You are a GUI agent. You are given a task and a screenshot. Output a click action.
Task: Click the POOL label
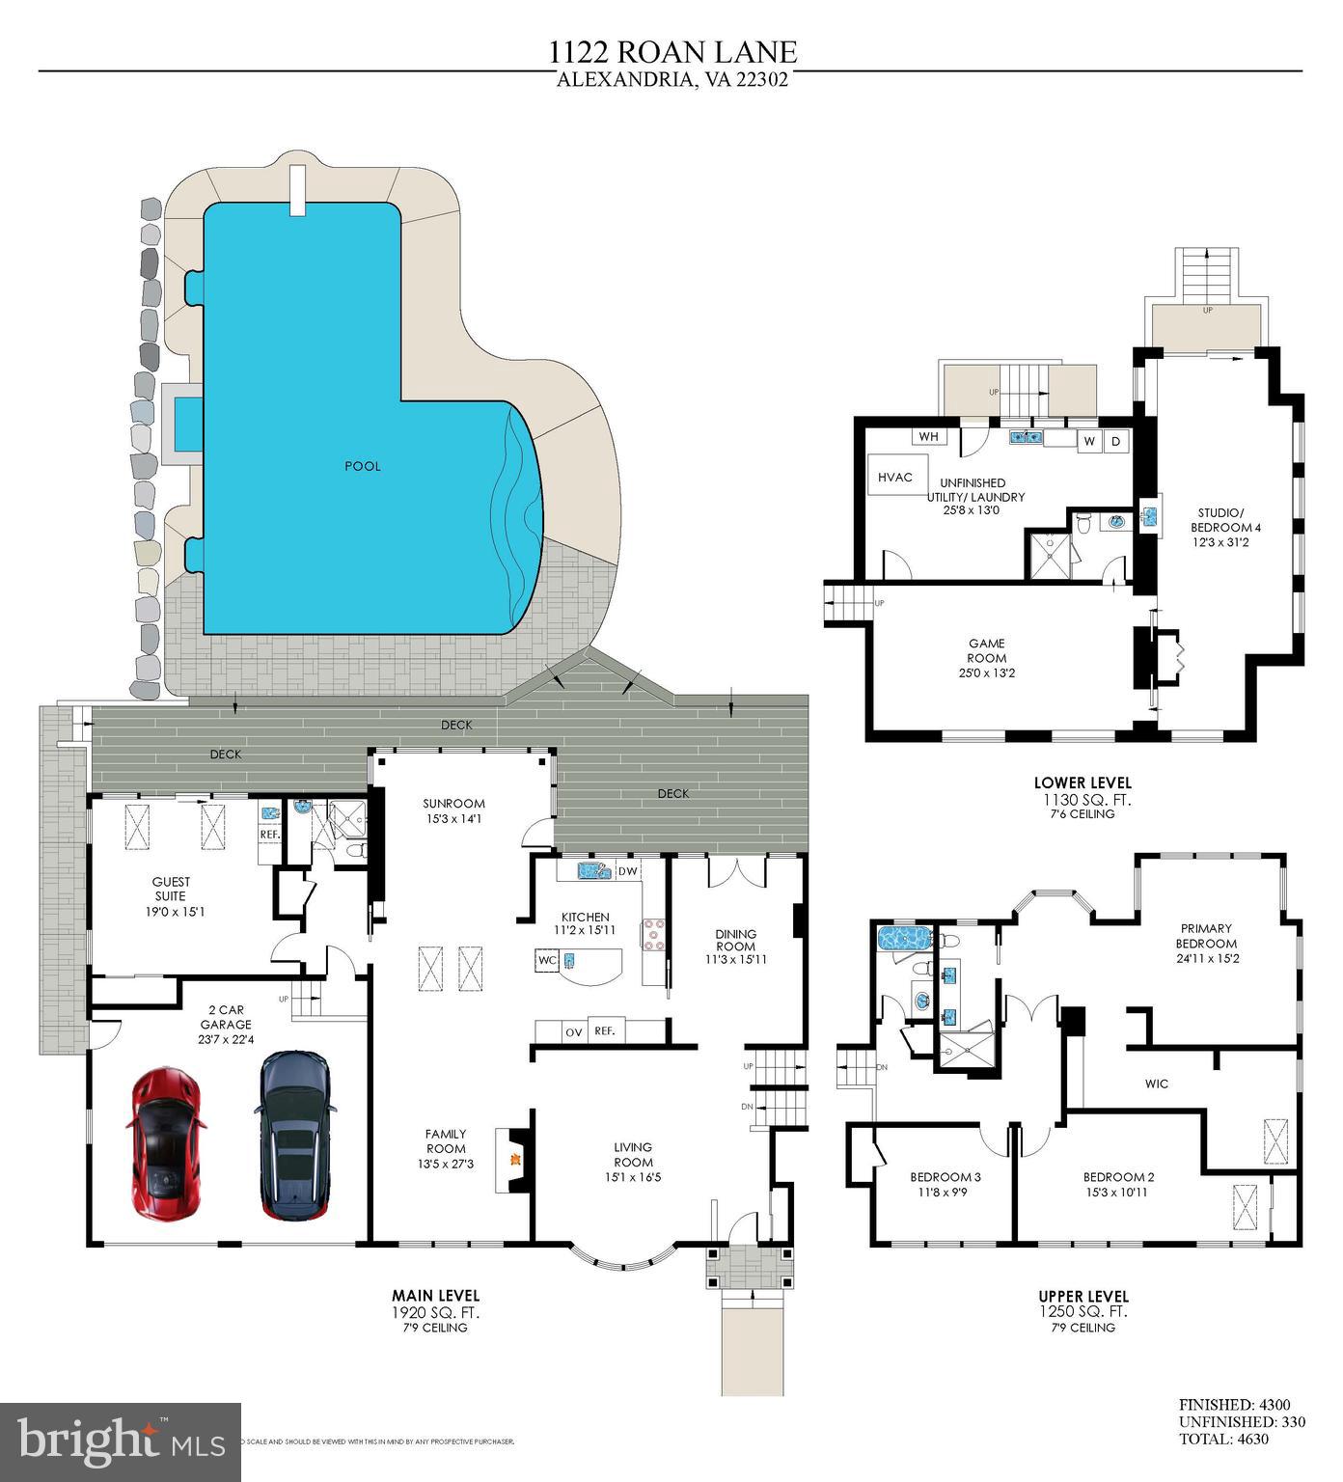[x=363, y=466]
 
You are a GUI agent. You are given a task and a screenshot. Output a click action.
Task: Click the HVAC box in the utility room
[x=894, y=477]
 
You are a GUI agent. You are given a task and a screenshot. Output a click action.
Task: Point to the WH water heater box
[x=928, y=437]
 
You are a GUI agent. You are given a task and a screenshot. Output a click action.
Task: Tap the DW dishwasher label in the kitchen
[x=627, y=871]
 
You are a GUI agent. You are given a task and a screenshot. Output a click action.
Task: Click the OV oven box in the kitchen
[x=574, y=1031]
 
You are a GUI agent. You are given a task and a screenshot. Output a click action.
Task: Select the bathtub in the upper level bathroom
[x=901, y=938]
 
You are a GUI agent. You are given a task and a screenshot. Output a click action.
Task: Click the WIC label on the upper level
[x=1156, y=1084]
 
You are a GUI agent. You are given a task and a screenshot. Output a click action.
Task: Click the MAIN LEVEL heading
[x=435, y=1295]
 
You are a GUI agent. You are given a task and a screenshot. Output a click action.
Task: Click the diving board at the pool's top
[x=297, y=190]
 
